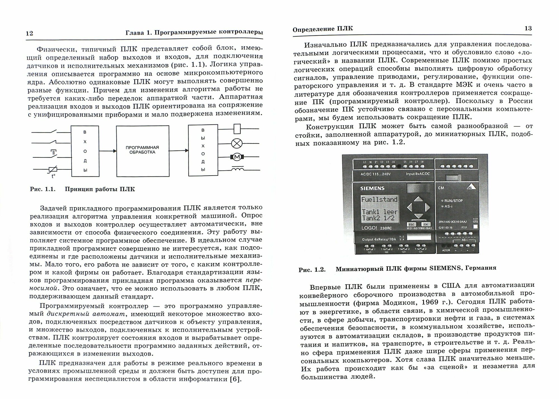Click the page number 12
click(x=29, y=33)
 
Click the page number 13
click(x=528, y=28)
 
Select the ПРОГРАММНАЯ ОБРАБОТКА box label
click(x=142, y=150)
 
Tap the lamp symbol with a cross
click(x=237, y=144)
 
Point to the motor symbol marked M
click(x=237, y=157)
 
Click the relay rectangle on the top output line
click(x=237, y=129)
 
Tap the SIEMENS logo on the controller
click(x=372, y=188)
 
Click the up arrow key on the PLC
click(x=418, y=199)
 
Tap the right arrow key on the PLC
click(x=427, y=207)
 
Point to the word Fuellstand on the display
click(x=379, y=200)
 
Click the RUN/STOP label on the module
click(x=453, y=200)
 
